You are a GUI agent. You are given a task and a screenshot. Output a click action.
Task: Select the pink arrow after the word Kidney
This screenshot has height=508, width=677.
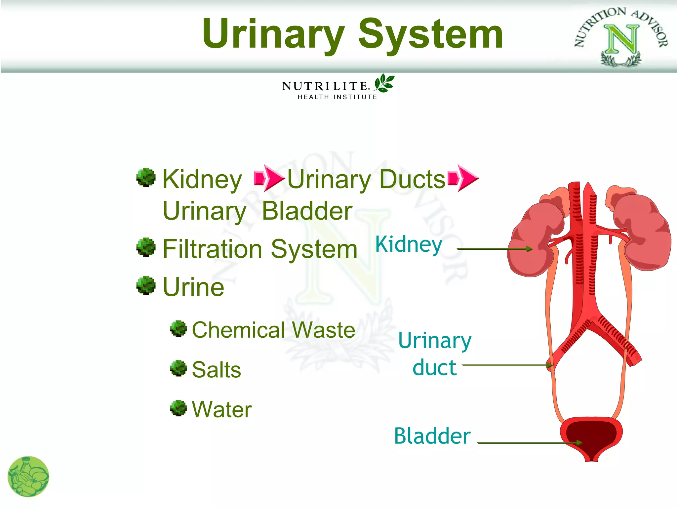268,178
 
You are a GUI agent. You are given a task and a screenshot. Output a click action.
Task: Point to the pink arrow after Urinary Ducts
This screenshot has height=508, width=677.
463,178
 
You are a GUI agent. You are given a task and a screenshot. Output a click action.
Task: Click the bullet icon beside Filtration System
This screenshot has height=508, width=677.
146,247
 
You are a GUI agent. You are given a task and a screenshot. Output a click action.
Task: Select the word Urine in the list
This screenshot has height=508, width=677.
194,287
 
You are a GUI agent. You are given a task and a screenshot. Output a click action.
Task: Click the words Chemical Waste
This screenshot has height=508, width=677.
273,330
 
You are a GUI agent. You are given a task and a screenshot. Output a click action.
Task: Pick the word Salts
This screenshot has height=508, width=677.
217,369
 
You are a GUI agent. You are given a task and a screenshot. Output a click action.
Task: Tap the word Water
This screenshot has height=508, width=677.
222,409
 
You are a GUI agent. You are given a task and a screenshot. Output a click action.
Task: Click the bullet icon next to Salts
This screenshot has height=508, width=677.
179,368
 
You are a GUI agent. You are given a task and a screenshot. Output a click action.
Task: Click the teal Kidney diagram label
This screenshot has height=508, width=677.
409,245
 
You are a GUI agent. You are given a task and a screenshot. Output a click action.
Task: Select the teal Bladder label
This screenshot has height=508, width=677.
432,436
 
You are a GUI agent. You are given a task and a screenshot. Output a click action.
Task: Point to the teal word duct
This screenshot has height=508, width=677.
434,367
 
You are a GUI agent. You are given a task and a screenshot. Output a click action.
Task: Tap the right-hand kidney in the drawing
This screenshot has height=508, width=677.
643,232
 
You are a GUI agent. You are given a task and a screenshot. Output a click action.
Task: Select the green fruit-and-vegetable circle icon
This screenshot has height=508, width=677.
28,477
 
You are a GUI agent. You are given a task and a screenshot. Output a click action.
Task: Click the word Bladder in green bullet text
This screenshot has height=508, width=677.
307,211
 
